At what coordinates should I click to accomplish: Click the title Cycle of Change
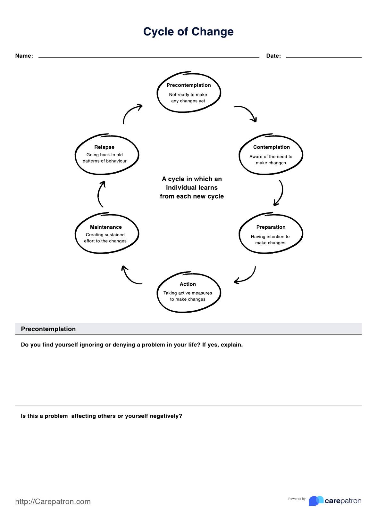[188, 32]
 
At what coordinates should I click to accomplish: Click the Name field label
[24, 56]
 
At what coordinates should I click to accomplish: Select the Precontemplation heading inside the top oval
[188, 85]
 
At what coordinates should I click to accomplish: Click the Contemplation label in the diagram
[271, 147]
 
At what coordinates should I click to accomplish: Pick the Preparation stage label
[271, 227]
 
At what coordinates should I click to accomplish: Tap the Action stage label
[188, 284]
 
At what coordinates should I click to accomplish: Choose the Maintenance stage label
[106, 227]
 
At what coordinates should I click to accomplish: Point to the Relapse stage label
[104, 147]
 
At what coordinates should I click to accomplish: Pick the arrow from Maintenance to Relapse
[100, 194]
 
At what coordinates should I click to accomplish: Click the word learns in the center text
[205, 188]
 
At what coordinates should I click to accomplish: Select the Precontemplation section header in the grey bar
[48, 329]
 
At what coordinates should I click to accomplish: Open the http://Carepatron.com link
[53, 502]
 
